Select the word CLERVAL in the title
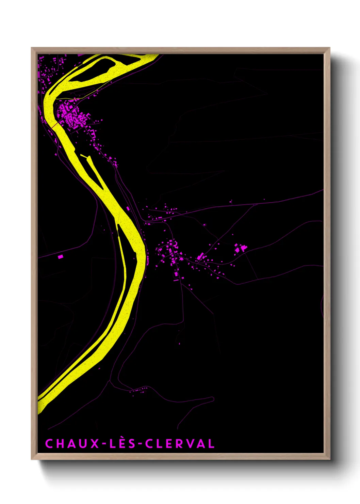click(180, 444)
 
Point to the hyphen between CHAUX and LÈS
click(104, 444)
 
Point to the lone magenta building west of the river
click(61, 257)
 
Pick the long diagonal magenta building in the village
click(200, 256)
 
